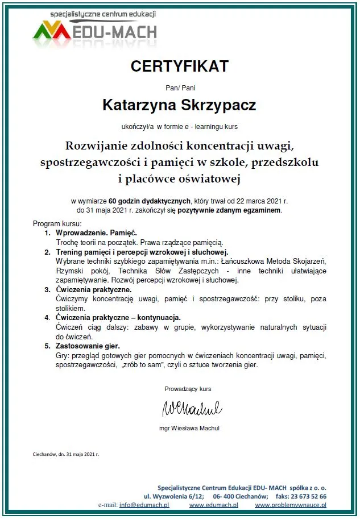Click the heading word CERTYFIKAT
pyautogui.click(x=179, y=67)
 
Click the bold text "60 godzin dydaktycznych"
pyautogui.click(x=150, y=201)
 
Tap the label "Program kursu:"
pyautogui.click(x=57, y=223)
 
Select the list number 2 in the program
pyautogui.click(x=48, y=251)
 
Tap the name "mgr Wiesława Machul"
pyautogui.click(x=189, y=428)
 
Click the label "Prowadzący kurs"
pyautogui.click(x=188, y=389)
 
